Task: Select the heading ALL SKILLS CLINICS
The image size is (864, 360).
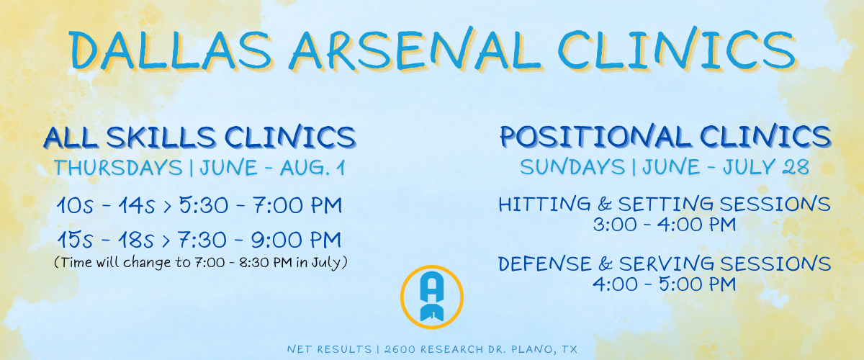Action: point(200,137)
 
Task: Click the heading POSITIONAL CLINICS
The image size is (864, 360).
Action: point(665,136)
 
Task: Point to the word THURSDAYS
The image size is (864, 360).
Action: point(118,168)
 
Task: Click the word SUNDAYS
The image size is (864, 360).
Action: point(572,168)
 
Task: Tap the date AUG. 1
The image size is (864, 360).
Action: point(312,168)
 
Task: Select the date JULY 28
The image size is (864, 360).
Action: point(766,167)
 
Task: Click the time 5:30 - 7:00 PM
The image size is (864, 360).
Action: point(261,205)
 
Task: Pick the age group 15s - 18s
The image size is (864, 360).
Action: point(106,240)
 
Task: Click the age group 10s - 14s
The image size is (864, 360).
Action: point(106,205)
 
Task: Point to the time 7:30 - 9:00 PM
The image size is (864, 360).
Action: point(260,240)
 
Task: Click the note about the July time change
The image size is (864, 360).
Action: point(201,262)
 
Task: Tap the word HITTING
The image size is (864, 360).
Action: point(544,204)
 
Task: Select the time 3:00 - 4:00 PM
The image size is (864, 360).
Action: point(664,225)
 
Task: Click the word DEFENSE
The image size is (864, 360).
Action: point(544,264)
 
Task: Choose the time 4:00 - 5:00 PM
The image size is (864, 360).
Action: point(664,284)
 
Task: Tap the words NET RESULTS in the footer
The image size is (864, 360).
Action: point(330,349)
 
